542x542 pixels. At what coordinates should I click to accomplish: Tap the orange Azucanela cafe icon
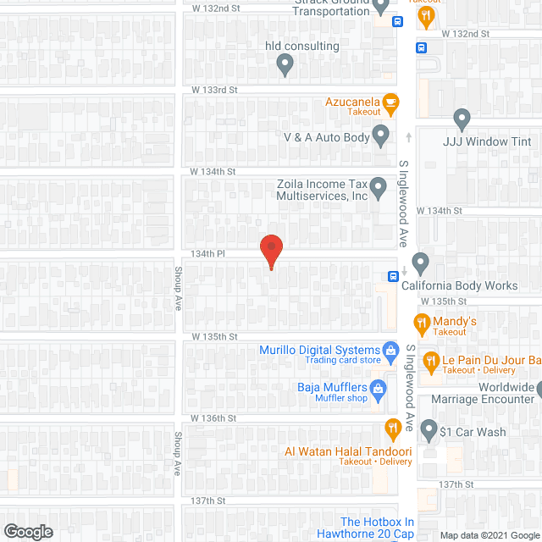pos(390,104)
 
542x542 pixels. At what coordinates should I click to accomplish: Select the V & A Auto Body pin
pos(381,135)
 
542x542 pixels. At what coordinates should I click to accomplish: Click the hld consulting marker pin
pos(285,64)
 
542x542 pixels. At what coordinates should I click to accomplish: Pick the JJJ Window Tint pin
pos(462,118)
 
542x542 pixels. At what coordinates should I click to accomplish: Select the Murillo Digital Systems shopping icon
pos(390,350)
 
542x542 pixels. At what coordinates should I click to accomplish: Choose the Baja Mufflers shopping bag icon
pos(379,389)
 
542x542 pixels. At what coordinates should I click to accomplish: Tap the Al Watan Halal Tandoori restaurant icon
pos(391,428)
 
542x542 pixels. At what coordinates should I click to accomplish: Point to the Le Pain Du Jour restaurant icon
pos(431,360)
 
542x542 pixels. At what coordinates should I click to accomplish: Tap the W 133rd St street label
pos(214,89)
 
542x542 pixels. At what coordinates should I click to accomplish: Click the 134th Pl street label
pos(208,253)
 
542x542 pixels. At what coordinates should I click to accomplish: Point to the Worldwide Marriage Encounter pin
pos(538,392)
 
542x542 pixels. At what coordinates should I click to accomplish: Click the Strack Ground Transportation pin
pos(380,8)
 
